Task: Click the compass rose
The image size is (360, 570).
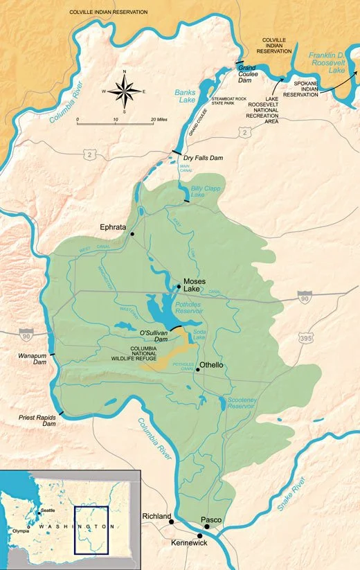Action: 124,90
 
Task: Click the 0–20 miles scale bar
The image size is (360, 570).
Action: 115,123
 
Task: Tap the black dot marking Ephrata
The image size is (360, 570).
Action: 132,234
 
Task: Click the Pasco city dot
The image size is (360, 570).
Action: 206,526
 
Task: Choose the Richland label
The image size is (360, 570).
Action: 156,517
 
